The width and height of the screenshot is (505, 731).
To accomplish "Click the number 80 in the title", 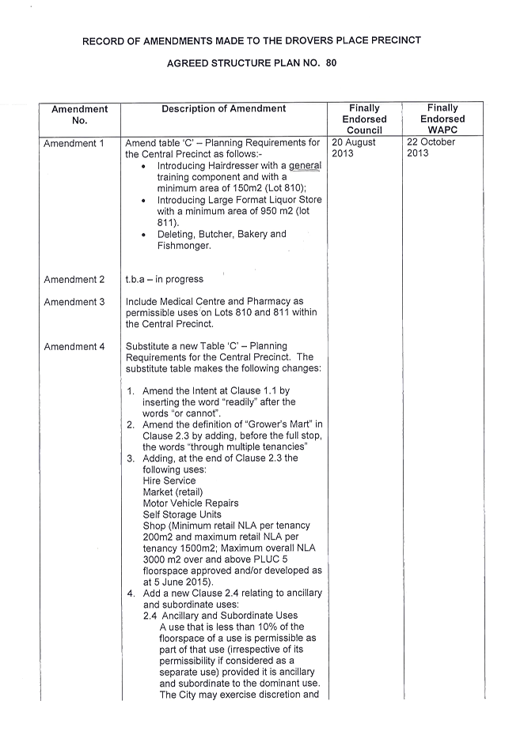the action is point(331,63).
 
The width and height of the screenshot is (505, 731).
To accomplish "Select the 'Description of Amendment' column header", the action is point(224,108).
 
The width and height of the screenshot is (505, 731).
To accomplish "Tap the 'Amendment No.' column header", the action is point(79,115).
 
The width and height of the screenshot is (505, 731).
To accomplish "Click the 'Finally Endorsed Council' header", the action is point(364,119).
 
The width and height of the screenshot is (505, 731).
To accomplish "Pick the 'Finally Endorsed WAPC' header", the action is point(442,119).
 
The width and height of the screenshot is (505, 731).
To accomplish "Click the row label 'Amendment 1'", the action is point(74,144).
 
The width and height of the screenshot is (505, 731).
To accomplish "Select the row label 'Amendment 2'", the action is point(74,280).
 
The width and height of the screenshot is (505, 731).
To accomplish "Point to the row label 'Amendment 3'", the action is point(74,302).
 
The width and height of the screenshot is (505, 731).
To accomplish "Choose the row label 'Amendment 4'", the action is point(74,347).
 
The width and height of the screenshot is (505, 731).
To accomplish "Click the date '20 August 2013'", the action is point(354,148).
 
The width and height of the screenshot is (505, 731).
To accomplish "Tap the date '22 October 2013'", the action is point(431,147).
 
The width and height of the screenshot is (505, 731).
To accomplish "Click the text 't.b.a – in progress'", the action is point(165,279).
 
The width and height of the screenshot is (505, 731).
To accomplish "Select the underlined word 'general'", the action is point(305,166).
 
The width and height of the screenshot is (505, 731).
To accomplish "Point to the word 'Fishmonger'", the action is point(183,246).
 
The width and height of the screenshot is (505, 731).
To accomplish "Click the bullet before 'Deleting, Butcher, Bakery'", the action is point(143,235).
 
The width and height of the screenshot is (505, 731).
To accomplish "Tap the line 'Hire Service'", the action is point(169,480).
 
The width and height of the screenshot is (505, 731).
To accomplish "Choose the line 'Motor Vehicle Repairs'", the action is point(191,503).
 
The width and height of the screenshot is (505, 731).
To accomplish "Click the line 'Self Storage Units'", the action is point(182,514).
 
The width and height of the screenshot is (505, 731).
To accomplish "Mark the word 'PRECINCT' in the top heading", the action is point(396,40).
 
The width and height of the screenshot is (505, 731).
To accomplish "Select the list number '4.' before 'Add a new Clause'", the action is point(131,593).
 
